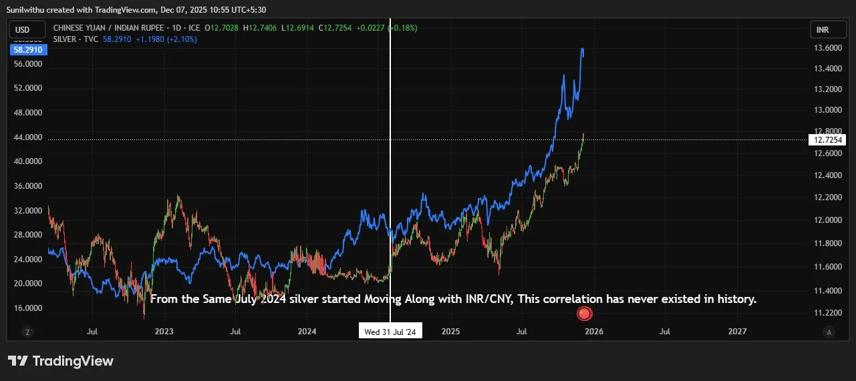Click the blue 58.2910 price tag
tap(28, 50)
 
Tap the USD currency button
tap(23, 29)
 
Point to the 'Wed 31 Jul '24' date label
tap(390, 332)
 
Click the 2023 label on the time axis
tap(163, 331)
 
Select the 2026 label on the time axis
tap(593, 331)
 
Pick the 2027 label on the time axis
tap(737, 331)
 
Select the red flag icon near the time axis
tap(584, 313)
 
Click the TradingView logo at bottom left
tap(61, 361)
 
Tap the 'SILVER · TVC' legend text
tap(76, 39)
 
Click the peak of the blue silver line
tap(583, 49)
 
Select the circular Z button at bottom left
tap(27, 332)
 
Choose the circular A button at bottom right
tap(829, 332)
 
